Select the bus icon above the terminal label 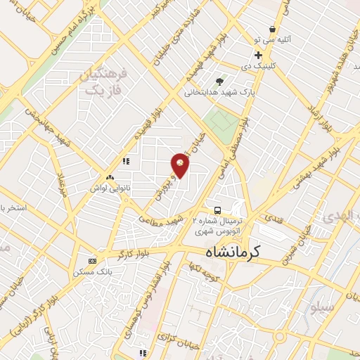[x=217, y=210]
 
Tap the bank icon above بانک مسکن [x=91, y=260]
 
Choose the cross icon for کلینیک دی [x=259, y=56]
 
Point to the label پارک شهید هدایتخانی [x=217, y=92]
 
